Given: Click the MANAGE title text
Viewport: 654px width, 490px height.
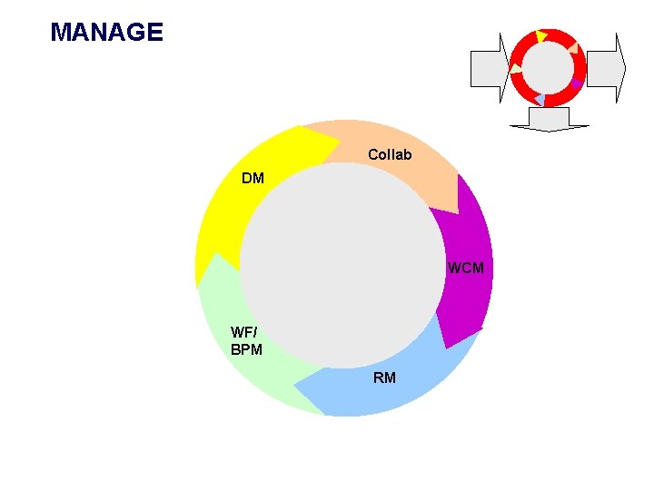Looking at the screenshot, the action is [107, 34].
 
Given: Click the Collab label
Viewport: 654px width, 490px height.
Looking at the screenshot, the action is [390, 155].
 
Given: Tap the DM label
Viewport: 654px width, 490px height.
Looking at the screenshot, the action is [253, 179].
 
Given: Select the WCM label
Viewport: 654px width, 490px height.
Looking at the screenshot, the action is [466, 269].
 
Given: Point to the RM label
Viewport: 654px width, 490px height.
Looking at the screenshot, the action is [384, 377].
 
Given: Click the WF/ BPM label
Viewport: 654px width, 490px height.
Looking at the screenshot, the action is [246, 340].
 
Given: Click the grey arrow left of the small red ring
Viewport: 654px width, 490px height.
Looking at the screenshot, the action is [489, 67].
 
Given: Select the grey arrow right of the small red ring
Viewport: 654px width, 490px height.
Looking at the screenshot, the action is [607, 67].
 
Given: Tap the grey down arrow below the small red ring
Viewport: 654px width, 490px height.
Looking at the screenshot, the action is [550, 119].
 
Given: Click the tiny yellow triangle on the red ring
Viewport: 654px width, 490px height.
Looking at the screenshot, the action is [541, 36].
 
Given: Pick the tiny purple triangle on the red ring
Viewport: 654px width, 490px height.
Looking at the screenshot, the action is [576, 83].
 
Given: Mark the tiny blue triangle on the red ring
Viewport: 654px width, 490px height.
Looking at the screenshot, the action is [540, 98].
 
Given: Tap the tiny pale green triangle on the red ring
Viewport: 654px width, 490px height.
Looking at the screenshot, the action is [516, 69].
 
